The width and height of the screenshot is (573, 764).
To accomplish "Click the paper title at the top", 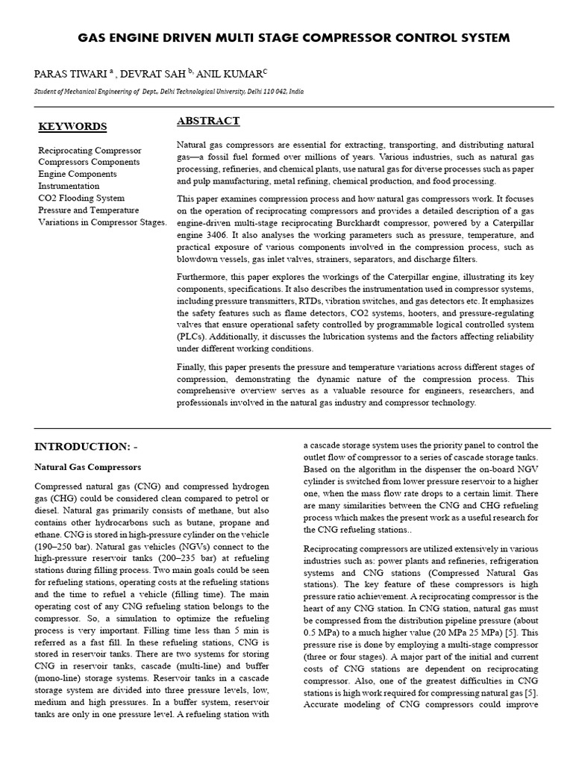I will tap(294, 37).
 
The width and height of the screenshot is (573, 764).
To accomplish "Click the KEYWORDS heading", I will tap(72, 126).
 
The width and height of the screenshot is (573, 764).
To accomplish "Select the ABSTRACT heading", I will tap(208, 121).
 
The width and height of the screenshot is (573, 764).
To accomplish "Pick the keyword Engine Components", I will tap(78, 174).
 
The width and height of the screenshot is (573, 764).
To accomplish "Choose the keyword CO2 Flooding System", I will tap(81, 198).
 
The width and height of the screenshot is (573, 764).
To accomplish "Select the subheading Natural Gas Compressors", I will tap(88, 467).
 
